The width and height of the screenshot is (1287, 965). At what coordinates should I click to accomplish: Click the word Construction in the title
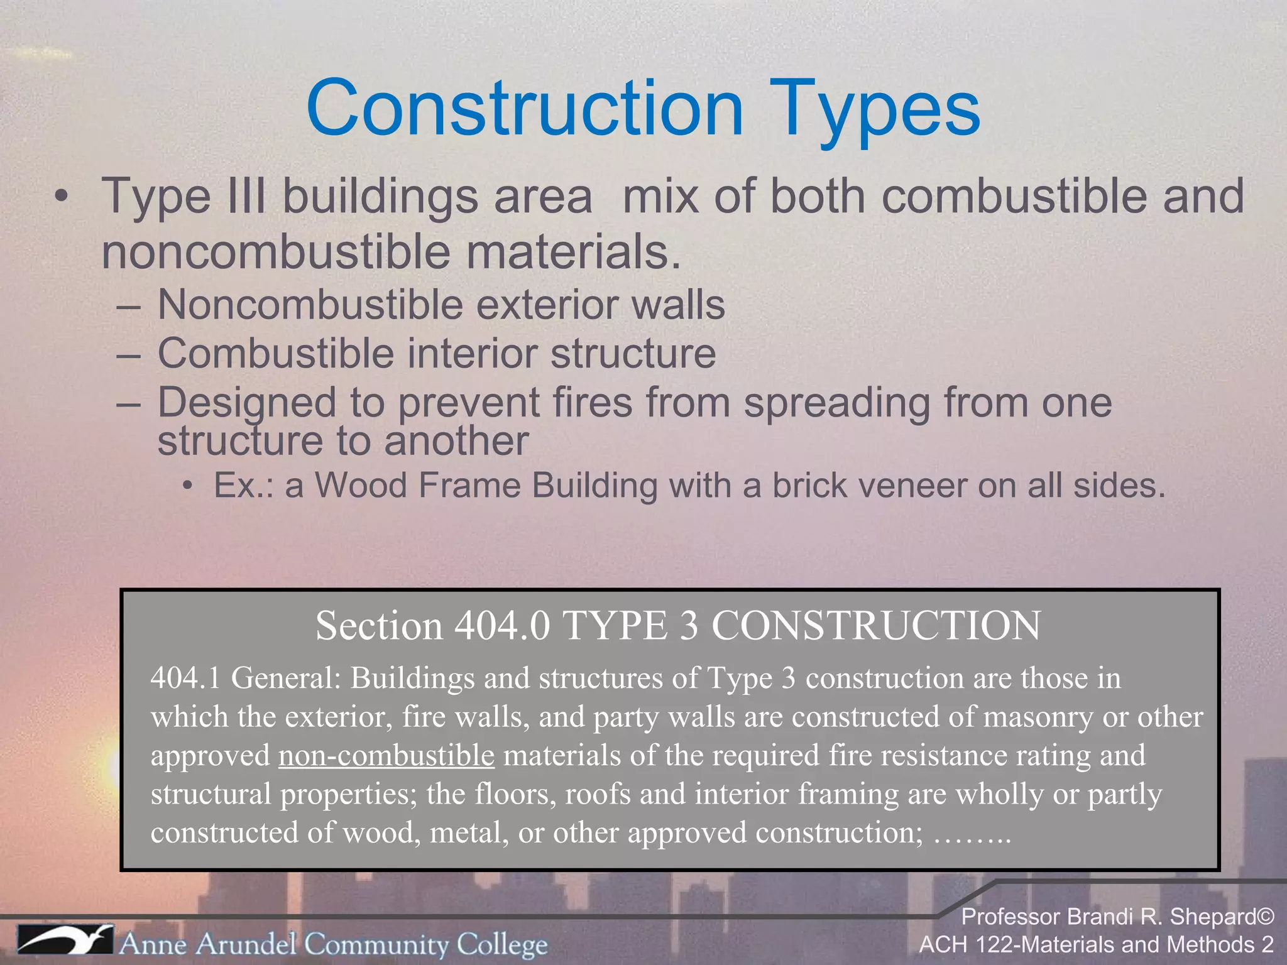[525, 108]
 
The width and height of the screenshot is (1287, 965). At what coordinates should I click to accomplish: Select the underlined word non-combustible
[386, 755]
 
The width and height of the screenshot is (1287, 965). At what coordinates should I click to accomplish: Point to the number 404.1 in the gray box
[186, 679]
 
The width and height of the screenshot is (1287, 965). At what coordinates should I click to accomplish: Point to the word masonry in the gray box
[1038, 717]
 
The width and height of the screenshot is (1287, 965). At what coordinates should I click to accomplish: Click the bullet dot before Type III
[61, 197]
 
